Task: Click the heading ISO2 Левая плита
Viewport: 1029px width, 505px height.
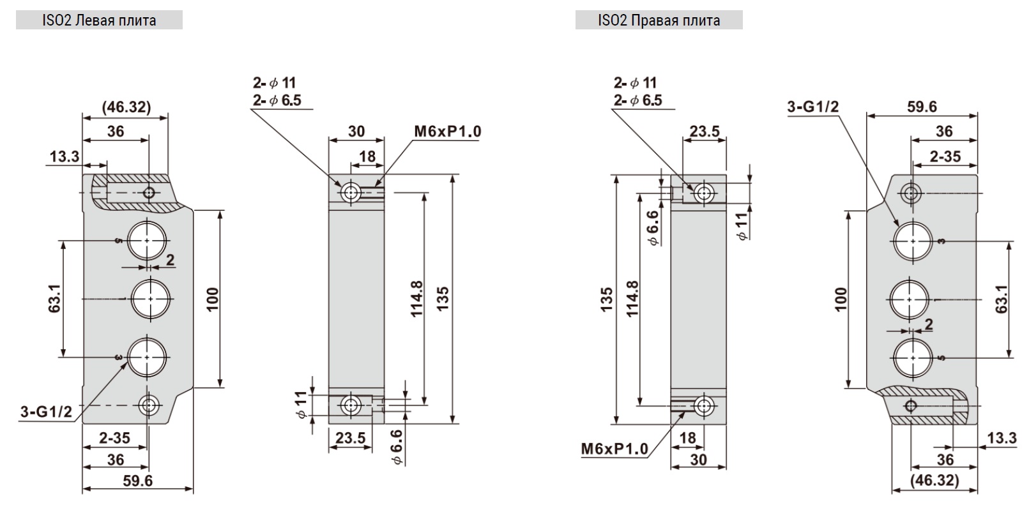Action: pos(99,20)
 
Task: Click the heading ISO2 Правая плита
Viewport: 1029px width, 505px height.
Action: pos(659,20)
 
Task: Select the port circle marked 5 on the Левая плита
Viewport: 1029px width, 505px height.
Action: pos(147,241)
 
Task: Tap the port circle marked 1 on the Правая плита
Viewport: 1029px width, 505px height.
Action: pos(909,299)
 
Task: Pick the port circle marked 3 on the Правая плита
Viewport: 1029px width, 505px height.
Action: pos(913,241)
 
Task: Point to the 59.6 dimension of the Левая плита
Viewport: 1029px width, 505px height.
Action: pos(138,481)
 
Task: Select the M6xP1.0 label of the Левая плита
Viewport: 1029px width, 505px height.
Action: pos(447,132)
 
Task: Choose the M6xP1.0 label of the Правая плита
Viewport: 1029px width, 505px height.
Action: pos(614,449)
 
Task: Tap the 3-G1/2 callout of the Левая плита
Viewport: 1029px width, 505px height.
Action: pos(47,412)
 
